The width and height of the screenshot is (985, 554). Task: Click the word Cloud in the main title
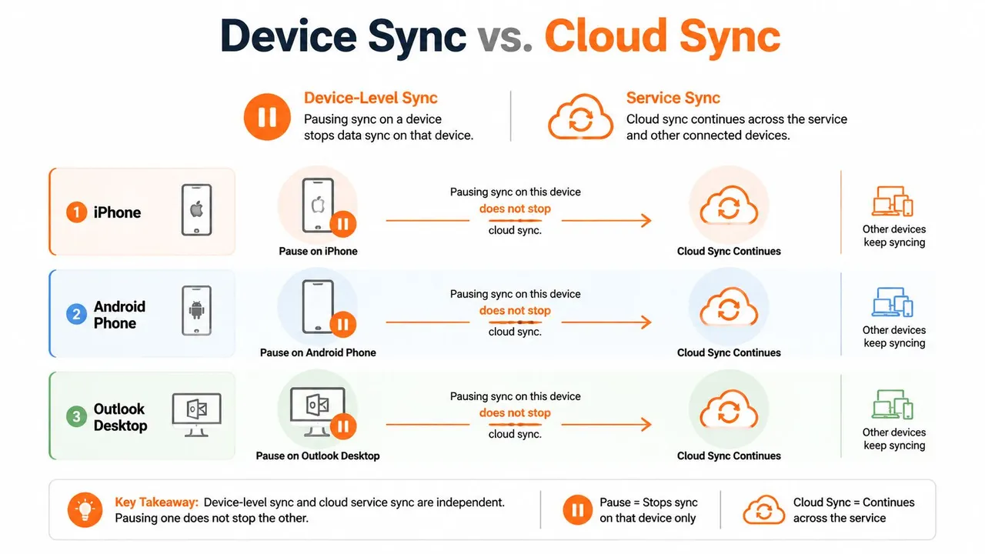(x=606, y=35)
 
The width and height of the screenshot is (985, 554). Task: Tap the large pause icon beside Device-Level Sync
(x=267, y=117)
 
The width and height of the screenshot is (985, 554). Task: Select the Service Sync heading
(x=673, y=98)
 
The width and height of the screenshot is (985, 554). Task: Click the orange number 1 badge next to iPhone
(x=76, y=212)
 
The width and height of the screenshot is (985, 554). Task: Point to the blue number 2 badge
(x=76, y=315)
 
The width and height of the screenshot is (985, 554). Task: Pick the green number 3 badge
(x=76, y=416)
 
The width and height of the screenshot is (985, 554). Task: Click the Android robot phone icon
(x=196, y=310)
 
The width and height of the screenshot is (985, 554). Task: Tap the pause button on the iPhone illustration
(x=343, y=224)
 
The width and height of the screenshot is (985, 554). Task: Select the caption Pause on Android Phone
(x=318, y=352)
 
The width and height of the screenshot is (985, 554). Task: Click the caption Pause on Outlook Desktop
(x=318, y=456)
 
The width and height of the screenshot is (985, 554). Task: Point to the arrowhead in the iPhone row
(x=646, y=220)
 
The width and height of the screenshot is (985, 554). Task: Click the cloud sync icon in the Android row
(x=729, y=307)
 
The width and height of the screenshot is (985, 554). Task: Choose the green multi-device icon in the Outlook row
(x=893, y=404)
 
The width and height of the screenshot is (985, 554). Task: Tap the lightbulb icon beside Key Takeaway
(x=85, y=509)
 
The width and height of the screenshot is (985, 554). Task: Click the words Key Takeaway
(x=156, y=502)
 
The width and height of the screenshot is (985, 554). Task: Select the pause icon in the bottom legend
(x=577, y=510)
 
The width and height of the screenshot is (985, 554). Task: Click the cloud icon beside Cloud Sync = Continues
(x=764, y=510)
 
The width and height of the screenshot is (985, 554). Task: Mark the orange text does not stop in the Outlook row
(x=515, y=413)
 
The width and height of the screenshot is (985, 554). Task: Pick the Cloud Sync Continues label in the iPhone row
(x=729, y=251)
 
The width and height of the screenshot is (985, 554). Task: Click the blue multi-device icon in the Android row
(x=893, y=302)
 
